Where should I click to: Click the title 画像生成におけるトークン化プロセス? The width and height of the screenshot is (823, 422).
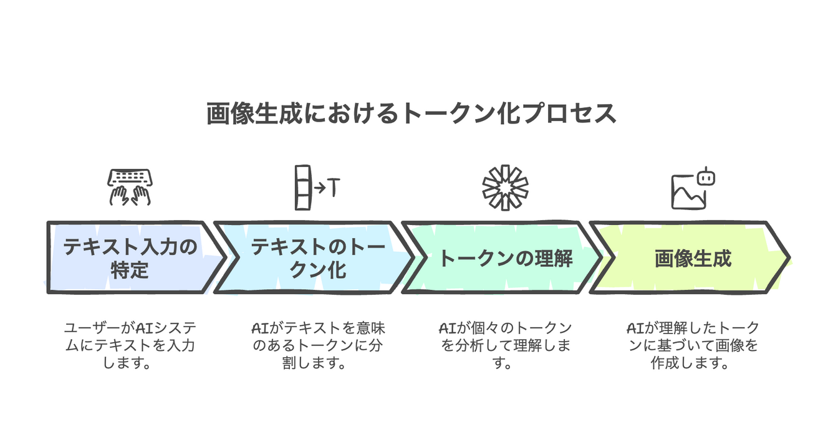(x=412, y=114)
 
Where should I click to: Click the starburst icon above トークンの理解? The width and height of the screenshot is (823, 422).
(x=505, y=188)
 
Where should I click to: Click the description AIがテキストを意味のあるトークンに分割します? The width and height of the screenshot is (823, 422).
(x=318, y=345)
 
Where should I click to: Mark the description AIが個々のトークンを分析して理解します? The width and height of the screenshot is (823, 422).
(x=505, y=345)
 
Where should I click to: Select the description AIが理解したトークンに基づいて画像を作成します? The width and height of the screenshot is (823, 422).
(x=692, y=345)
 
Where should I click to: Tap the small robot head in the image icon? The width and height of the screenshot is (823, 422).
(x=706, y=178)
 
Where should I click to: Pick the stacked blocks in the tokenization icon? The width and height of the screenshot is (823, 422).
(x=302, y=188)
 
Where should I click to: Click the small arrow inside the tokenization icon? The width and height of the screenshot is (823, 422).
(x=319, y=188)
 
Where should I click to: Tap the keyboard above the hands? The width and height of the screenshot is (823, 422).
(x=130, y=177)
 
